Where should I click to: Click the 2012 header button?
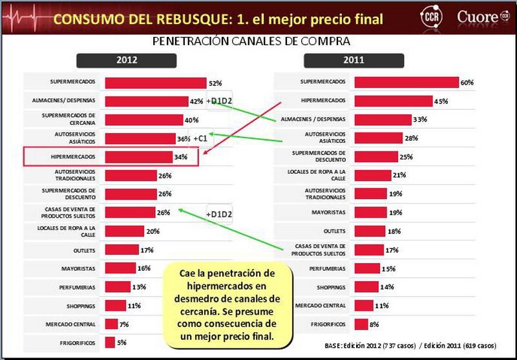tap(127, 61)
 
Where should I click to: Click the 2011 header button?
tap(354, 61)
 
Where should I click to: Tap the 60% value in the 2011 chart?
tap(467, 83)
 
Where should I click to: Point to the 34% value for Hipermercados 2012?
tap(180, 157)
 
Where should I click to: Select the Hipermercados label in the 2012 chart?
tap(74, 157)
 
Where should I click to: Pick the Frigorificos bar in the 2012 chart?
tap(110, 342)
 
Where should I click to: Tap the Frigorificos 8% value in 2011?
tap(374, 324)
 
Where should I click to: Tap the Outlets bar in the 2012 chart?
tap(121, 249)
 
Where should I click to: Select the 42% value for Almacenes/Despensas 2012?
tap(196, 101)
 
